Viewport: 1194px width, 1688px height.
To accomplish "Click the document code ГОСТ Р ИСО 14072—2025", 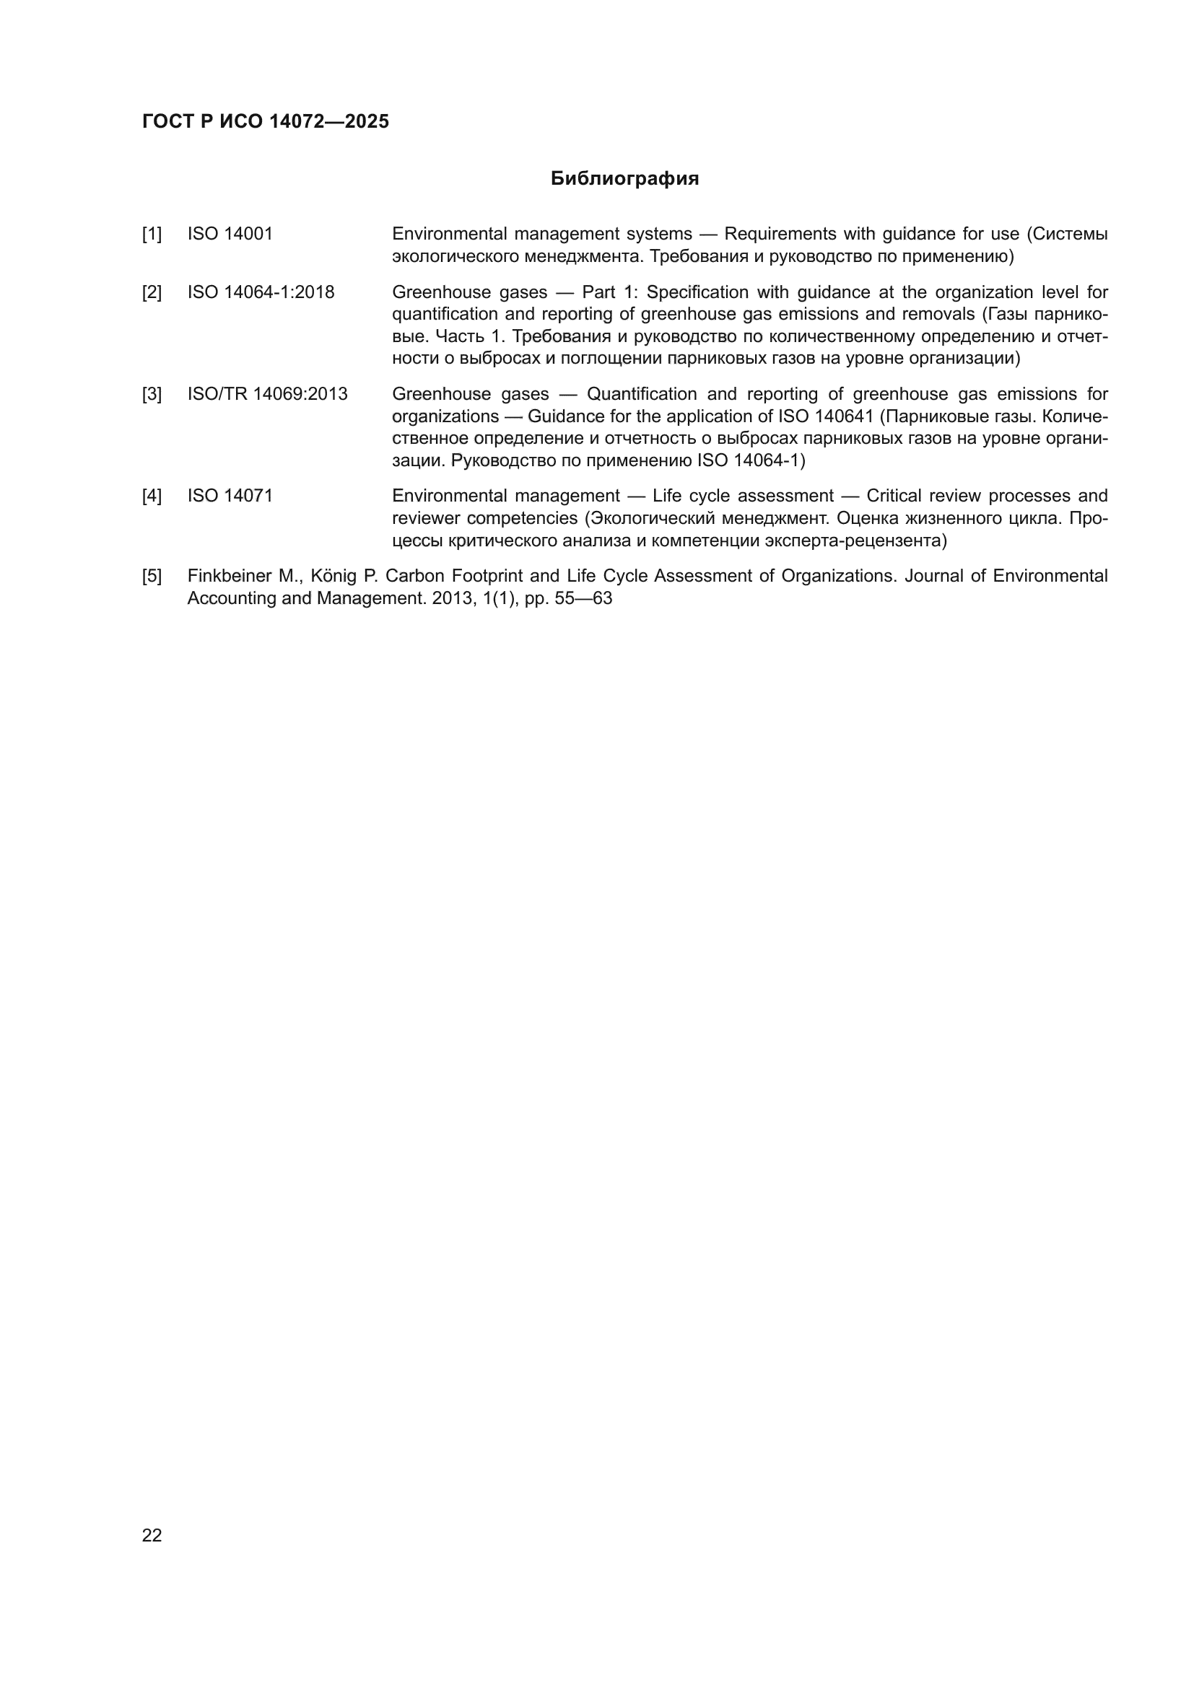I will pyautogui.click(x=266, y=121).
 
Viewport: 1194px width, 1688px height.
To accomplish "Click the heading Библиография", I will pyautogui.click(x=624, y=179).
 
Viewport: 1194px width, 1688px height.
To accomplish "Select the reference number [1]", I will pyautogui.click(x=152, y=235).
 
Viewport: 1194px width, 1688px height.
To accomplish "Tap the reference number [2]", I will pyautogui.click(x=152, y=292).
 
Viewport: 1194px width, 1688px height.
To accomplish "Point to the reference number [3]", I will pyautogui.click(x=152, y=394).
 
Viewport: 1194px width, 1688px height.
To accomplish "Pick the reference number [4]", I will pyautogui.click(x=152, y=497).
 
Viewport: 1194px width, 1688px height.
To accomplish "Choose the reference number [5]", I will pyautogui.click(x=152, y=576).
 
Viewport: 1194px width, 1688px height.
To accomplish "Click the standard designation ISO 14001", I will pyautogui.click(x=230, y=234).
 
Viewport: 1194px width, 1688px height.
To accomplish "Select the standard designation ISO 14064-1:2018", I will pyautogui.click(x=261, y=292).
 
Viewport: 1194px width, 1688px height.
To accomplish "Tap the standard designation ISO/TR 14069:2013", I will pyautogui.click(x=267, y=394).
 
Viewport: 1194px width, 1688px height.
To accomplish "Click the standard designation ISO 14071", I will pyautogui.click(x=230, y=497).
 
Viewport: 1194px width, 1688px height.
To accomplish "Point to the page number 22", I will pyautogui.click(x=152, y=1535).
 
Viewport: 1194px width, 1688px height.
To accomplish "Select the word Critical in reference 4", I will pyautogui.click(x=893, y=497).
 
